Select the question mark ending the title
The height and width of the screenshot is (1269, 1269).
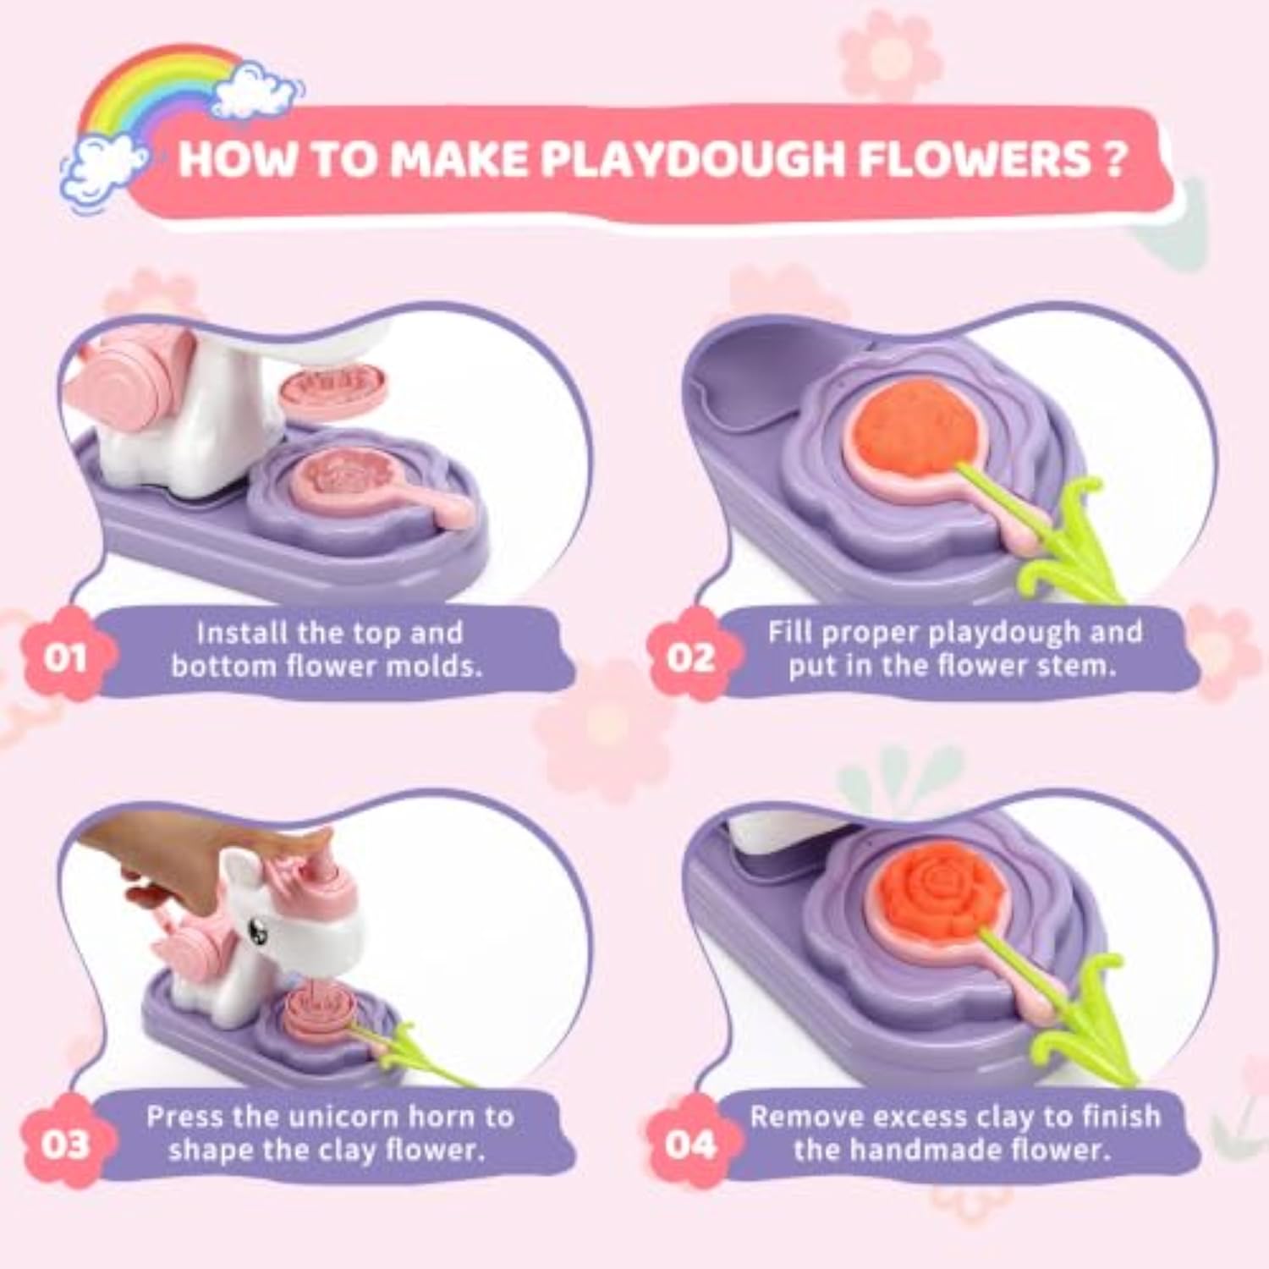(x=1114, y=158)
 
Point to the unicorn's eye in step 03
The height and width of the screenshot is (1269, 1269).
(x=255, y=928)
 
